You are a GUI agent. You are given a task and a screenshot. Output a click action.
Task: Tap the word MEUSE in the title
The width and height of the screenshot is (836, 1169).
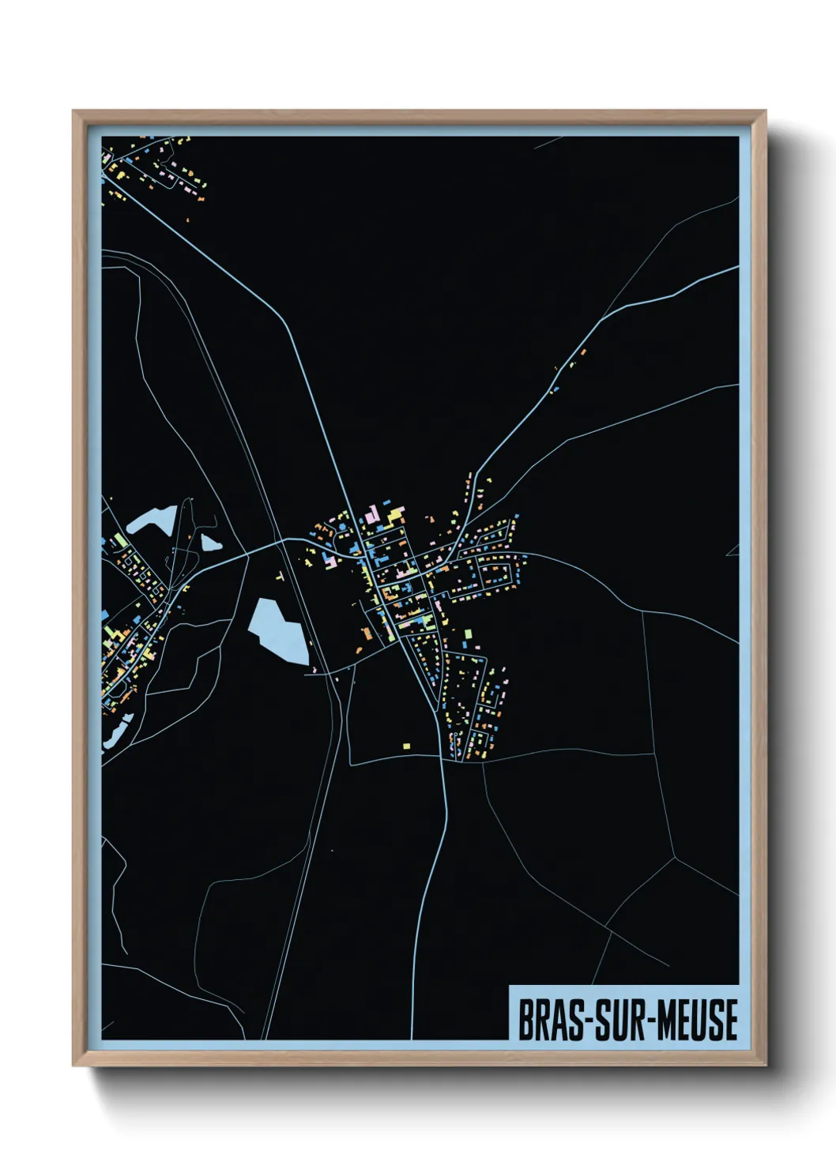(695, 1020)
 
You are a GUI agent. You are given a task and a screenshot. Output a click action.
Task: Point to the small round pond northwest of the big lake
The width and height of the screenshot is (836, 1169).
(209, 543)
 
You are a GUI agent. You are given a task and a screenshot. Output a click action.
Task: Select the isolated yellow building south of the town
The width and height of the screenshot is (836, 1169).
(407, 745)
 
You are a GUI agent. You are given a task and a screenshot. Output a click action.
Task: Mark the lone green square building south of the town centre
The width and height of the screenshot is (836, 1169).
(466, 633)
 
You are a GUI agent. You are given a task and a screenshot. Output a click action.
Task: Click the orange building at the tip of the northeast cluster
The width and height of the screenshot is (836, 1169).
(583, 351)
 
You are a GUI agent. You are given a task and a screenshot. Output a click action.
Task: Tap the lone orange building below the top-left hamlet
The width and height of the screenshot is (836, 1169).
(188, 220)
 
